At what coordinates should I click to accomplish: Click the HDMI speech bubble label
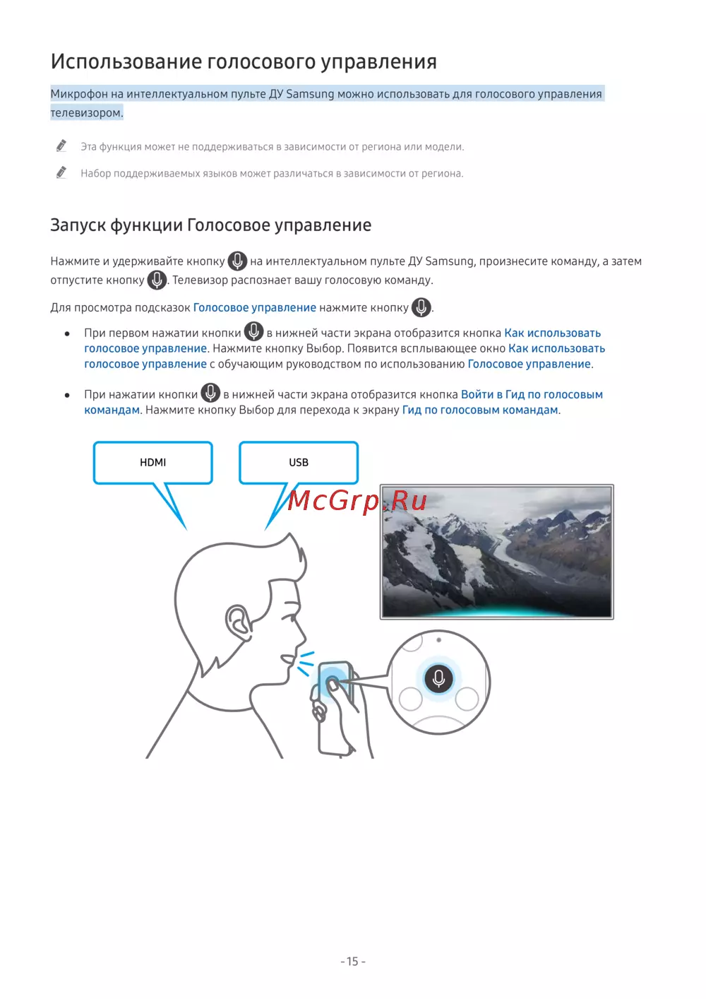[x=152, y=462]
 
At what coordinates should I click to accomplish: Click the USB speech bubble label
[x=299, y=462]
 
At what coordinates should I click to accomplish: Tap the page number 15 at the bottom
[x=353, y=962]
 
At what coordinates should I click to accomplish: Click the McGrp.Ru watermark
[x=357, y=500]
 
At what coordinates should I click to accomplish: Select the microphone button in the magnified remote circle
[x=438, y=678]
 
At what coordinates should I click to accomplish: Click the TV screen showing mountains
[x=496, y=551]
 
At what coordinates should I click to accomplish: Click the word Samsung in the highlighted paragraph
[x=310, y=94]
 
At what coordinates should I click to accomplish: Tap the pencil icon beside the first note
[x=61, y=146]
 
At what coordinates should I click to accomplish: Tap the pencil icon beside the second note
[x=61, y=172]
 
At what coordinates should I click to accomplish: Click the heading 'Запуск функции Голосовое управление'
[x=210, y=225]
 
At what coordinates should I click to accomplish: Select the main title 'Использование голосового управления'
[x=244, y=62]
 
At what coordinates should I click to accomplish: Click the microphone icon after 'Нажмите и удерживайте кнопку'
[x=237, y=261]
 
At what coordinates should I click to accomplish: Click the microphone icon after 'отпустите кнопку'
[x=157, y=280]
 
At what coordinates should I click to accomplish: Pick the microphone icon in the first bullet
[x=253, y=332]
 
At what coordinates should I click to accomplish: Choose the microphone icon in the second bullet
[x=210, y=394]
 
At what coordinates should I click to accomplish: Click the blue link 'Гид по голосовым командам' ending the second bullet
[x=480, y=410]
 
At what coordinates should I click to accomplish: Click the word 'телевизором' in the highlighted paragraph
[x=85, y=112]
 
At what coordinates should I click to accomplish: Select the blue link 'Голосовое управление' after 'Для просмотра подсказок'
[x=254, y=307]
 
